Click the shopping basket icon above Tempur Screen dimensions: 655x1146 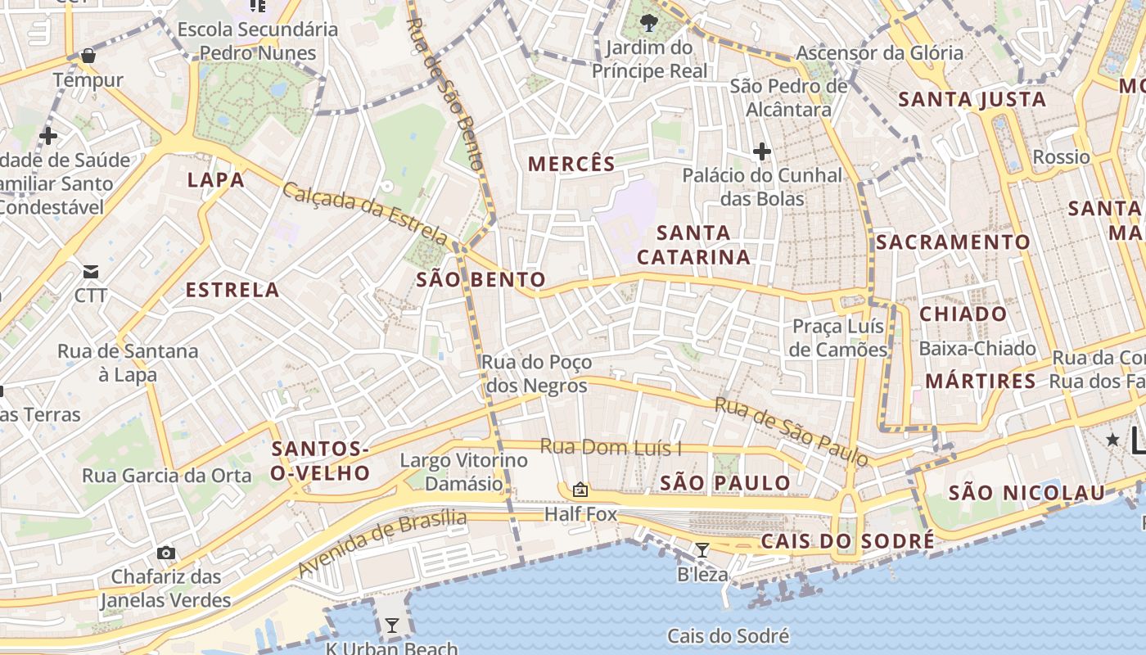point(88,56)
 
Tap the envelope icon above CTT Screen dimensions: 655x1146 point(90,271)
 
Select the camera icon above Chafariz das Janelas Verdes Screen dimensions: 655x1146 point(166,553)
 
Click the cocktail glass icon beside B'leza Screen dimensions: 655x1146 point(702,549)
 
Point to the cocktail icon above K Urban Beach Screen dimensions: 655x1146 point(392,626)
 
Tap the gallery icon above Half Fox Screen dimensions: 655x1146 point(580,490)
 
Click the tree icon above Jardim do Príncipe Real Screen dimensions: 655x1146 point(649,22)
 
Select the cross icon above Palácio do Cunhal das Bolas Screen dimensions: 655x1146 point(762,151)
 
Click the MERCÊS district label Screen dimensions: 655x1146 point(571,164)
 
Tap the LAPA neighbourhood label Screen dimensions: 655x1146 point(215,180)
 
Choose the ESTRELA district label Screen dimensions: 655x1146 point(232,290)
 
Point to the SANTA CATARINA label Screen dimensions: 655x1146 point(693,245)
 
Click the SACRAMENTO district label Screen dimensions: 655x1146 point(953,242)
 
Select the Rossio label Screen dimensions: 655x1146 point(1061,156)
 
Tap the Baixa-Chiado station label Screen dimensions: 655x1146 point(977,349)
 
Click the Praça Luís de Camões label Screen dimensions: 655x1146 point(839,338)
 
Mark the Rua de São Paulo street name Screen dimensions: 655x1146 point(792,431)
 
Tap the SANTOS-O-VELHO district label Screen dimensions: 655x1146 point(320,460)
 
